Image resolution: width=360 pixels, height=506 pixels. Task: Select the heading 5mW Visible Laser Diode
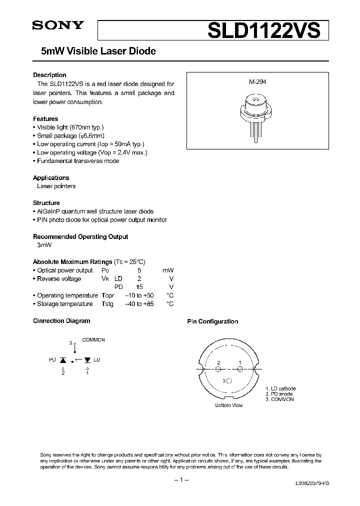click(94, 51)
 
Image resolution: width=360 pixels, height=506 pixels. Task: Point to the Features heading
click(45, 119)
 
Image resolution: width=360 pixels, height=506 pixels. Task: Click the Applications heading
click(51, 177)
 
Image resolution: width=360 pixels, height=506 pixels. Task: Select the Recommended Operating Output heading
click(80, 236)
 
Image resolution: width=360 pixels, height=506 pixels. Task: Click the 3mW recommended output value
click(44, 245)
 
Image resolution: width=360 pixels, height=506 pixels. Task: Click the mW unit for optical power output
click(167, 270)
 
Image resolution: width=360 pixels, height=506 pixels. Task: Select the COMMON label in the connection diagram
click(93, 340)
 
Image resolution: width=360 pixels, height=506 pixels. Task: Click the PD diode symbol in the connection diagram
click(63, 359)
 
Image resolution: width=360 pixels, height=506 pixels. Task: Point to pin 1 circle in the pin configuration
click(240, 369)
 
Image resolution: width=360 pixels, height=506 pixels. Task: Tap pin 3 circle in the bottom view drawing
click(229, 381)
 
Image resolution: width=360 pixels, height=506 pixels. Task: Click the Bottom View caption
click(228, 405)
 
